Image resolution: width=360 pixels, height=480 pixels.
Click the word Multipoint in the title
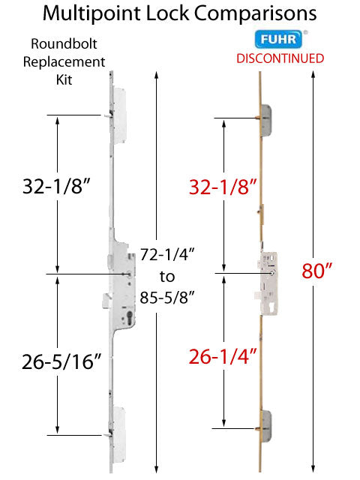tap(88, 14)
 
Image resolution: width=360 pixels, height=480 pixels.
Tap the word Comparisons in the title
tap(253, 14)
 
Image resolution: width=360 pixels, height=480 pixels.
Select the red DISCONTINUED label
tap(280, 58)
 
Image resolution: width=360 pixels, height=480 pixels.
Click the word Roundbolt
tap(69, 45)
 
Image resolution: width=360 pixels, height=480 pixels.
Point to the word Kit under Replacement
tap(70, 79)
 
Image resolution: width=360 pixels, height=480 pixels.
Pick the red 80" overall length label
tap(316, 271)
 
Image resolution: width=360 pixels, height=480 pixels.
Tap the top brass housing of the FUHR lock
tap(268, 124)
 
